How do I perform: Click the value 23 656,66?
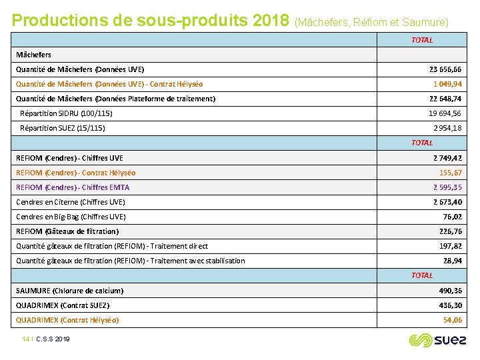445,69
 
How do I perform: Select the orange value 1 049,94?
447,84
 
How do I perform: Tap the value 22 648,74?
445,99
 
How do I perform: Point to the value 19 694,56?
445,113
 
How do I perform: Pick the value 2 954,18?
447,128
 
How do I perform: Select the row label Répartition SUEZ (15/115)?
63,128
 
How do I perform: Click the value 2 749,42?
447,158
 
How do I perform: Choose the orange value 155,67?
451,173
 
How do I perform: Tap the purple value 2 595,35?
447,187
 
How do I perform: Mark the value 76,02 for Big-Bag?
453,217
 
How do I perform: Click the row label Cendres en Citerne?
70,202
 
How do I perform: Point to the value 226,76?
451,231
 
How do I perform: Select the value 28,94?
453,261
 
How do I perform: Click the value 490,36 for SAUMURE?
451,291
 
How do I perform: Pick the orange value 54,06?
453,320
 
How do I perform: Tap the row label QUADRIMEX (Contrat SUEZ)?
63,305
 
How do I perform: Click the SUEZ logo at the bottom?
437,341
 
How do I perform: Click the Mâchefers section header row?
33,55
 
